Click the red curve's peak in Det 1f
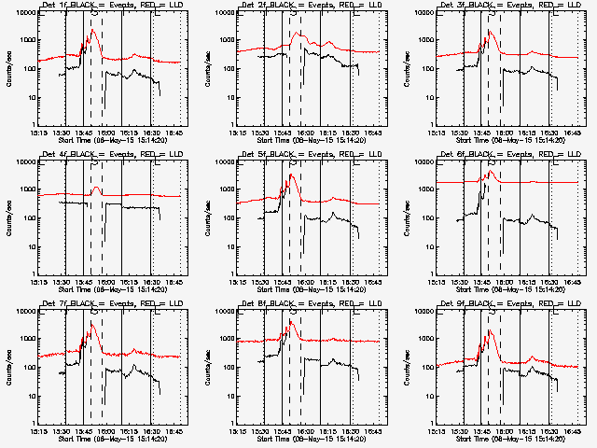click(92, 31)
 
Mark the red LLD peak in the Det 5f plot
click(291, 175)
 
